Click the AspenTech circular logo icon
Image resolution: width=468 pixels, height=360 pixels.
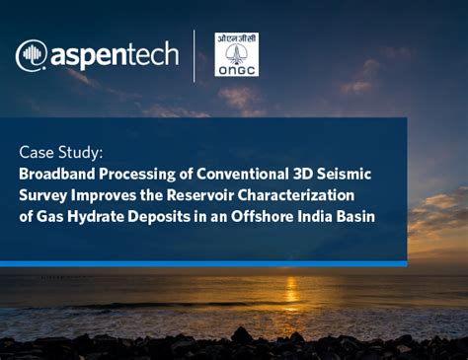(32, 54)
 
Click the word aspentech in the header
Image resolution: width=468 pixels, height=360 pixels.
(110, 55)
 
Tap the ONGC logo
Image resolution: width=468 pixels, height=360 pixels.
(236, 54)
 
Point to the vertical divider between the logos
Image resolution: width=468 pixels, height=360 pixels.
(194, 54)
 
